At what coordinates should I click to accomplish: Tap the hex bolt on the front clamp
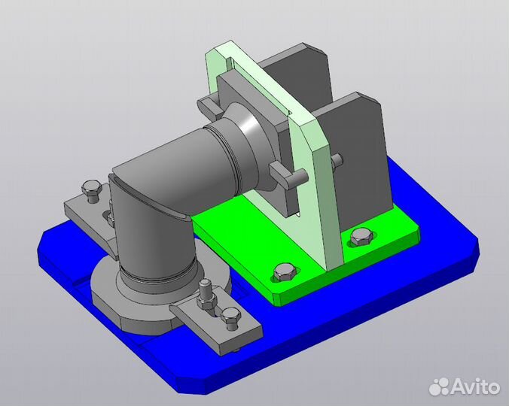click(230, 319)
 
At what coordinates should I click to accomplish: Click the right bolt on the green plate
click(361, 237)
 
